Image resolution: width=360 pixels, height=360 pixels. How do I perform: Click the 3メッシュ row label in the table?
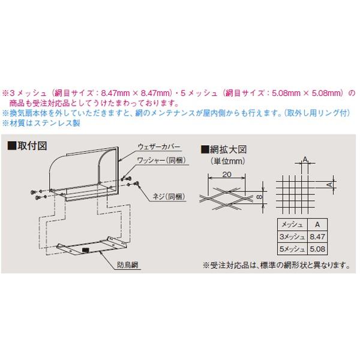292,236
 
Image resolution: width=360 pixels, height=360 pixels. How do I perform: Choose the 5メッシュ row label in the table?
292,248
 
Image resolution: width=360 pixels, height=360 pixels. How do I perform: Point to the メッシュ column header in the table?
292,224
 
